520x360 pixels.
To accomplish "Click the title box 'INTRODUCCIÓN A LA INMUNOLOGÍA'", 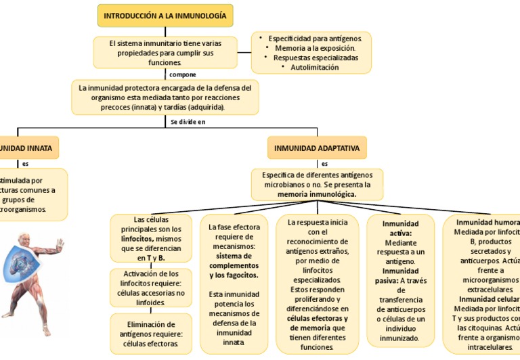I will [166, 15].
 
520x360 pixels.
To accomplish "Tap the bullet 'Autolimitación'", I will [314, 68].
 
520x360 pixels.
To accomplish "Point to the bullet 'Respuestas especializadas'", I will [316, 58].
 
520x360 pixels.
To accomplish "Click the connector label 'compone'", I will [183, 74].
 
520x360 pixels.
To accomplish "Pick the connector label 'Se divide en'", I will [188, 122].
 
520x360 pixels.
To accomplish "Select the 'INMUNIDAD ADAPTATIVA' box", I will [317, 148].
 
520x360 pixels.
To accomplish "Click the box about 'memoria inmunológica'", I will [317, 184].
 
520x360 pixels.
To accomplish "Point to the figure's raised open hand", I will [60, 245].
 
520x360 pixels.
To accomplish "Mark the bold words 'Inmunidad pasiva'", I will [399, 275].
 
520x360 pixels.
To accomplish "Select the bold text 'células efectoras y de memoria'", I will [317, 323].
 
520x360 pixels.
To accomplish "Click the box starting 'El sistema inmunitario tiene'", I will [165, 53].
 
